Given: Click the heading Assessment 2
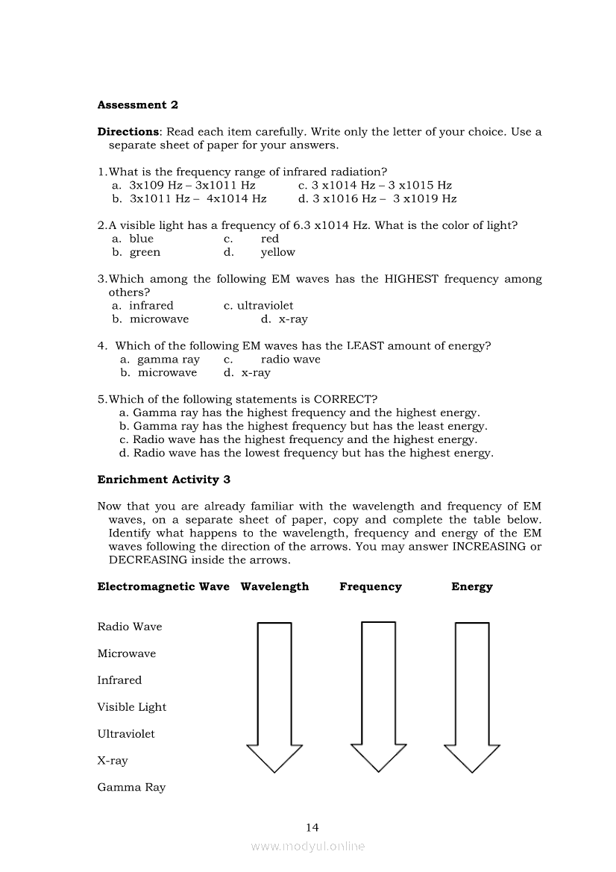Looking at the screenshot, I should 137,105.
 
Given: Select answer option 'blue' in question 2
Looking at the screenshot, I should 141,239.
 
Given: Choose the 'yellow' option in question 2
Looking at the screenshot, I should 277,252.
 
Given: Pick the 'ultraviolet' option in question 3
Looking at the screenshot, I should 265,306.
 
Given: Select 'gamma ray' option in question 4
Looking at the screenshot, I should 169,360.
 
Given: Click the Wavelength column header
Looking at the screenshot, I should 274,587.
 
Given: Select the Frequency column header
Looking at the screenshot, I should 371,587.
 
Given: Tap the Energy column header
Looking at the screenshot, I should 472,587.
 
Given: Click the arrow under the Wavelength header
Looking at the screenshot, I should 274,694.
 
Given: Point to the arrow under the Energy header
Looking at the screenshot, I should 472,694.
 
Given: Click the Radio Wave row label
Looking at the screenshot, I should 130,627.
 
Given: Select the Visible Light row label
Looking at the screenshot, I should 132,707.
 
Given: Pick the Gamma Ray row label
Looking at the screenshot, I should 131,788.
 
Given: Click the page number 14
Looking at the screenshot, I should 312,827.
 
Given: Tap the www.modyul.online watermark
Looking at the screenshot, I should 308,847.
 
